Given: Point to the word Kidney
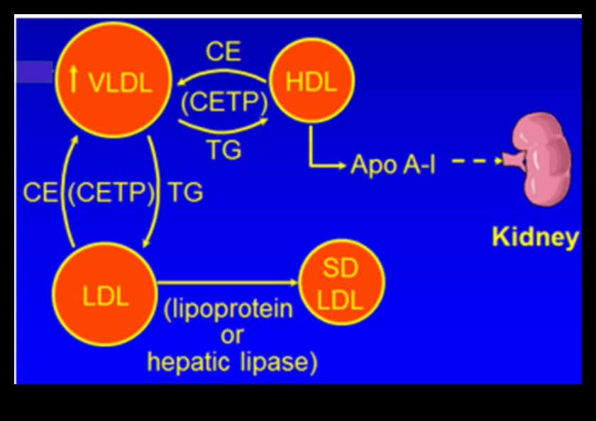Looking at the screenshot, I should click(536, 237).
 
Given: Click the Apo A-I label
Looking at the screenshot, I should click(392, 167).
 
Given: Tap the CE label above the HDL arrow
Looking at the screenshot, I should click(223, 52).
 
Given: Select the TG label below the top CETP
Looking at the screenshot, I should click(223, 150).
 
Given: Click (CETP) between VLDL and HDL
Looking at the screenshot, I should click(223, 103).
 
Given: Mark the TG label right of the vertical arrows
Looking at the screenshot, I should click(184, 193).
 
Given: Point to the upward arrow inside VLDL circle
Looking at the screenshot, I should click(74, 80).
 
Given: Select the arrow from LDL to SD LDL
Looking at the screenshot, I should click(227, 283).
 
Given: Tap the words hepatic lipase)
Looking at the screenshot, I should click(232, 362).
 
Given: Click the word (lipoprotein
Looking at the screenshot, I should click(228, 310).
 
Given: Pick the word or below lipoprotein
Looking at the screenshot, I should click(231, 335).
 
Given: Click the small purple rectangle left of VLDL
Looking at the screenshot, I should click(34, 72).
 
